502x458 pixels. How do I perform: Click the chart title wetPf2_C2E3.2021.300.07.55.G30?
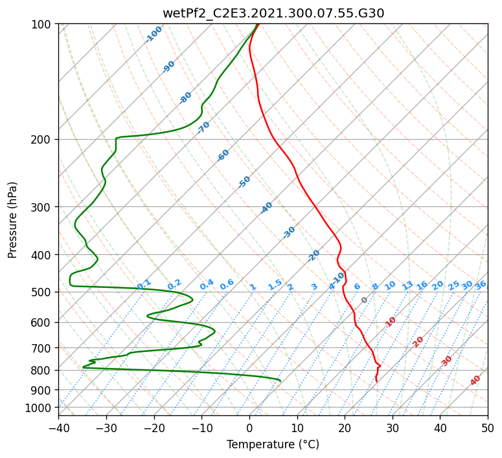[273, 14]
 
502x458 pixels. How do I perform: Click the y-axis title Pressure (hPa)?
[12, 220]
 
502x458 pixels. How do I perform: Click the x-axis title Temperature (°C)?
[273, 444]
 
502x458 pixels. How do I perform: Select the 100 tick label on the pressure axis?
[44, 24]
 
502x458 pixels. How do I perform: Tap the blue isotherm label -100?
[154, 34]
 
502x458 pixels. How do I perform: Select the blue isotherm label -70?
[203, 127]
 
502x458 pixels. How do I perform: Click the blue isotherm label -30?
[289, 232]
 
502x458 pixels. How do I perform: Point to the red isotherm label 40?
[475, 380]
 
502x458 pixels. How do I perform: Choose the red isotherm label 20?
[418, 342]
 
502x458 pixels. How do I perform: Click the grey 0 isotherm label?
[364, 300]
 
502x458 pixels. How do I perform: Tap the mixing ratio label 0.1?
[144, 285]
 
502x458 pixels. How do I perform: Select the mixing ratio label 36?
[481, 285]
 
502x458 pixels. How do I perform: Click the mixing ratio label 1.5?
[275, 285]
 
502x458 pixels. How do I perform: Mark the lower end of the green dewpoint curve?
[280, 381]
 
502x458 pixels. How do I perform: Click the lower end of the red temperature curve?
[376, 381]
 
